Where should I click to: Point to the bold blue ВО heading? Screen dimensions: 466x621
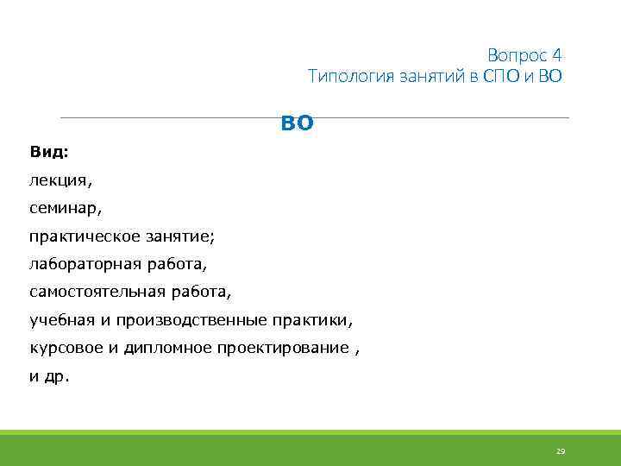(x=298, y=124)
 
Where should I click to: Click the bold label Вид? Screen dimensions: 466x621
(x=48, y=152)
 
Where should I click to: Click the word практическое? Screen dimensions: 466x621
(x=82, y=236)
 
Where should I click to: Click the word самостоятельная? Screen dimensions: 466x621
(x=95, y=292)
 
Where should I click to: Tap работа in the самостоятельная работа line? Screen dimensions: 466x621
(x=200, y=292)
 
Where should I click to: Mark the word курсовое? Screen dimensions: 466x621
(x=67, y=348)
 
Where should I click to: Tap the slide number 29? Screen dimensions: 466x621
(x=560, y=451)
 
